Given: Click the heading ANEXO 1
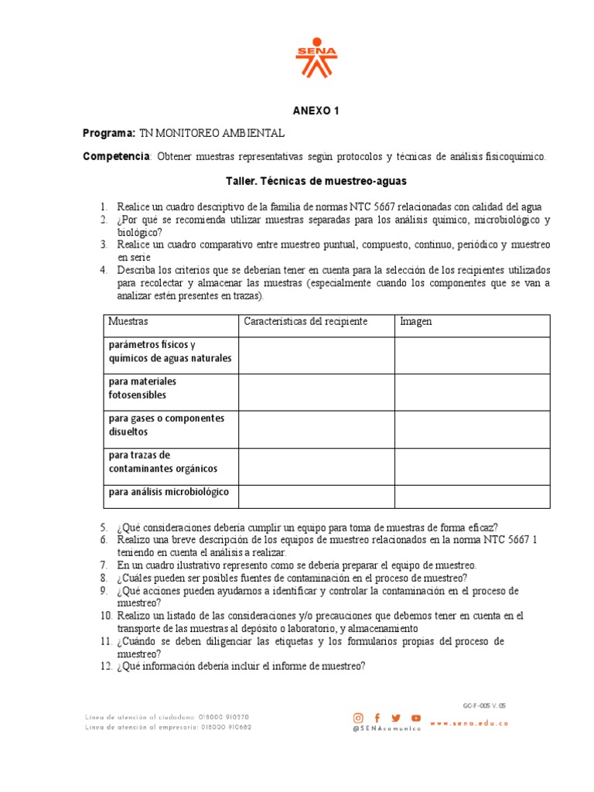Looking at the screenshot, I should (316, 111).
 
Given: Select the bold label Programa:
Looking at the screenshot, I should (109, 134).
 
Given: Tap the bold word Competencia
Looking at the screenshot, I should (116, 157).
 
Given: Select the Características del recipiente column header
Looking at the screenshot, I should (306, 322).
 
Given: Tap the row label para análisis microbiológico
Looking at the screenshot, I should (169, 492).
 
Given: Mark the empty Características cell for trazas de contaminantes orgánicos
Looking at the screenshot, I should (316, 466).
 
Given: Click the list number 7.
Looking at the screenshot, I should (104, 565).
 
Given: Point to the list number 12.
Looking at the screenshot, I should (106, 666).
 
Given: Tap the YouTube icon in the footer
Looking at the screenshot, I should (416, 718).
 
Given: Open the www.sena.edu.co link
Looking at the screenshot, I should (469, 723).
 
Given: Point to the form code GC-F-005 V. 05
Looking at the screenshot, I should (484, 705).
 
